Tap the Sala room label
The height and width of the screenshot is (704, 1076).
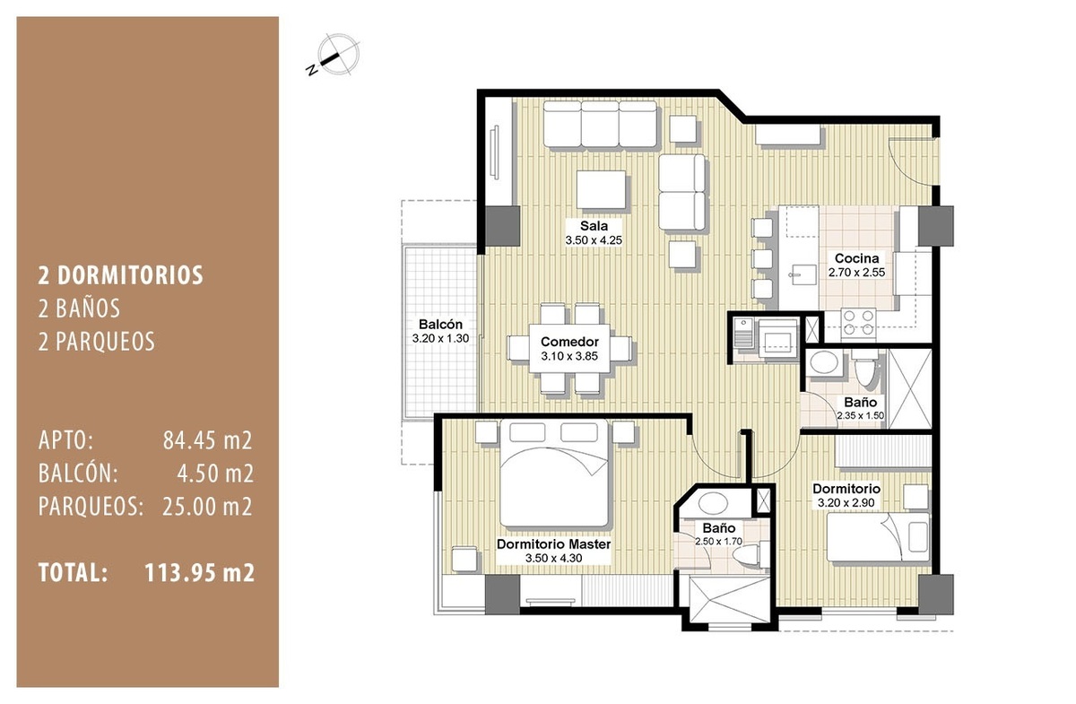pyautogui.click(x=594, y=226)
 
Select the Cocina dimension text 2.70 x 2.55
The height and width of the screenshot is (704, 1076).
pyautogui.click(x=856, y=273)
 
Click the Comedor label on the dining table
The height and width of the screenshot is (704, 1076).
pyautogui.click(x=569, y=342)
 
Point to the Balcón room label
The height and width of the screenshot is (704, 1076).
pyautogui.click(x=440, y=324)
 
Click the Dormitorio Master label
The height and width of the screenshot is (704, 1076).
pyautogui.click(x=553, y=544)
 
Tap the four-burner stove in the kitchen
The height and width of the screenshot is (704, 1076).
pyautogui.click(x=858, y=323)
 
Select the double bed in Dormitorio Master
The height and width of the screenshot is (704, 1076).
pyautogui.click(x=554, y=474)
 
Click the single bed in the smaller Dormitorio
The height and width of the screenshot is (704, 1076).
pyautogui.click(x=878, y=537)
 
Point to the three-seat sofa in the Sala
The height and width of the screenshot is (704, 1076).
pyautogui.click(x=600, y=124)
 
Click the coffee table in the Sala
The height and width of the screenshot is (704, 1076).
pyautogui.click(x=601, y=190)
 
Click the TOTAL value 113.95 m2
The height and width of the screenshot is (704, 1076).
pyautogui.click(x=199, y=573)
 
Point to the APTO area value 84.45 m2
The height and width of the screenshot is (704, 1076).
pyautogui.click(x=207, y=440)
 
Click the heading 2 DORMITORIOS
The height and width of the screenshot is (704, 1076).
pyautogui.click(x=120, y=275)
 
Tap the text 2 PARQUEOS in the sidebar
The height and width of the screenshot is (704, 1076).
pyautogui.click(x=97, y=342)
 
